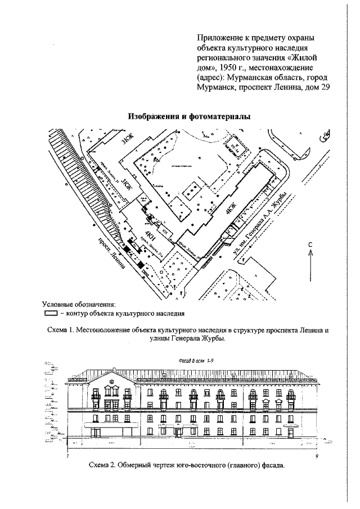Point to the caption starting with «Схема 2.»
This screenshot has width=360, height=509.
tap(187, 466)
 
